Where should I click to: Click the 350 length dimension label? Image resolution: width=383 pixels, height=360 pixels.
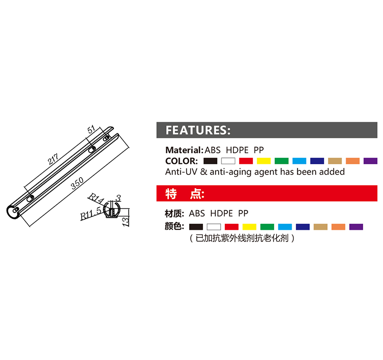pos(77,183)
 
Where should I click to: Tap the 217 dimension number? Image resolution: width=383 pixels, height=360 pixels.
pos(53,159)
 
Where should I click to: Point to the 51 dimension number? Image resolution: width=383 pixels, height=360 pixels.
pos(91,129)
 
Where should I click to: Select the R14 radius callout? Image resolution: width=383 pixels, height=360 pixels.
pos(96,198)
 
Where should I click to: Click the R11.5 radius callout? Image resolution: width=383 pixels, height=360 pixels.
pos(90,213)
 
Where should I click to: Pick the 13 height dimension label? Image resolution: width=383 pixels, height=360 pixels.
pos(126,221)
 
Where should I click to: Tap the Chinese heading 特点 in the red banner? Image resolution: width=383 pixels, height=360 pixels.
pos(185,194)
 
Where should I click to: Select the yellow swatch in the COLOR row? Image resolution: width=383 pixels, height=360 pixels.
pos(264,161)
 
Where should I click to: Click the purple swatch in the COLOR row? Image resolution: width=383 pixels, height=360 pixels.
pos(370,161)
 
